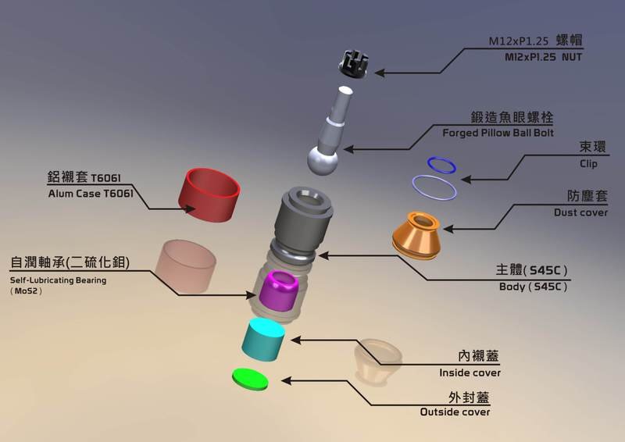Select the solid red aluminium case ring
pyautogui.click(x=209, y=191)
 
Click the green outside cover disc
pyautogui.click(x=250, y=380)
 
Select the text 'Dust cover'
pyautogui.click(x=580, y=212)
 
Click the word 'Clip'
pyautogui.click(x=588, y=164)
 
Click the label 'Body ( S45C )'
pyautogui.click(x=533, y=287)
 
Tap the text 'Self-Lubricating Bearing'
pyautogui.click(x=58, y=280)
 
